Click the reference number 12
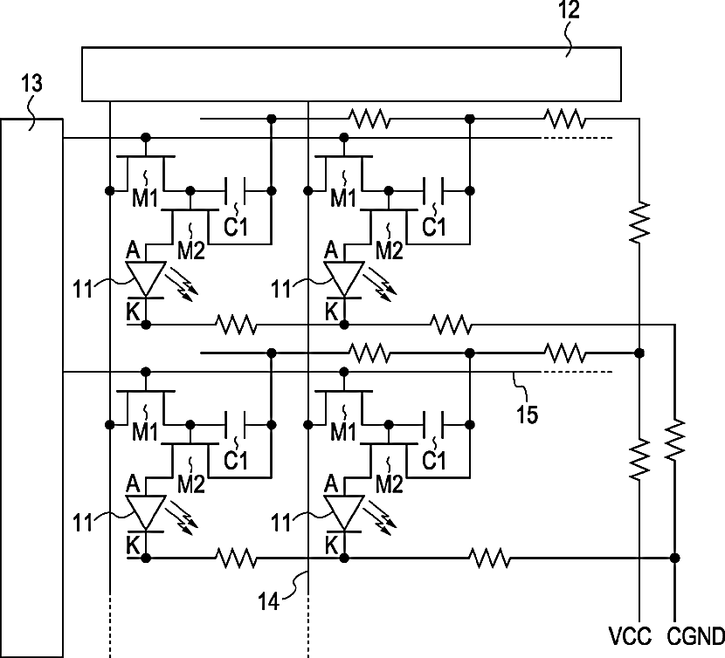coord(569,10)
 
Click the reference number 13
coord(31,83)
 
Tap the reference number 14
coord(269,601)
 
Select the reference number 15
coord(527,414)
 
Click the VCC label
coord(630,636)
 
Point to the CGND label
coord(696,636)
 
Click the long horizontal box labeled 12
coord(351,74)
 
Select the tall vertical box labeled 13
coord(31,388)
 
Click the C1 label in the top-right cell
coord(434,226)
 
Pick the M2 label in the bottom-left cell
coord(191,483)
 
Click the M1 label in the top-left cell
coord(145,198)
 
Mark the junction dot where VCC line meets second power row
coord(639,353)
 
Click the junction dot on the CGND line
coord(674,558)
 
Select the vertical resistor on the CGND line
coord(674,440)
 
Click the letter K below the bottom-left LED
coord(133,545)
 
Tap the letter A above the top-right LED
coord(330,250)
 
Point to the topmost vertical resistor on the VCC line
coord(639,222)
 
